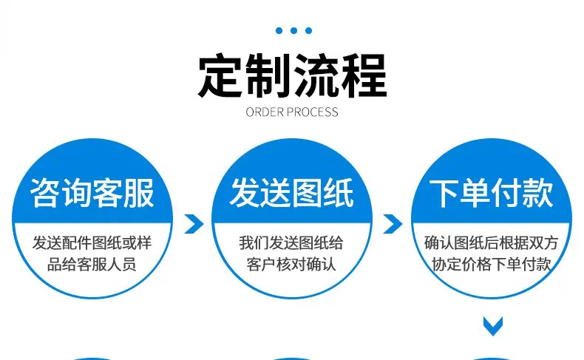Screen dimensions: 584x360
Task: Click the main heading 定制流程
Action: coord(293,75)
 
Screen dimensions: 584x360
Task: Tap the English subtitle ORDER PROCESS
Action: coord(292,112)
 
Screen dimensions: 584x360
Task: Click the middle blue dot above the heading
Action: coord(294,30)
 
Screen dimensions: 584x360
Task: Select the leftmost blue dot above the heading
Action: coord(279,30)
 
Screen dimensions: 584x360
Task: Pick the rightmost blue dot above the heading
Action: coord(308,30)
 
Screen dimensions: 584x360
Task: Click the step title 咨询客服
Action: coord(92,192)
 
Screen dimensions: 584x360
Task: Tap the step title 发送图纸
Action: coord(291,192)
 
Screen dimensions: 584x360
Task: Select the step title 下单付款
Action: coord(492,192)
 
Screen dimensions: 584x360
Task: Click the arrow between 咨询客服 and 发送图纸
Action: coord(194,224)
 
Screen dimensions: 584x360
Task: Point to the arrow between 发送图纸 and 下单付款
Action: coord(393,224)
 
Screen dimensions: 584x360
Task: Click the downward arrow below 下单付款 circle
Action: coord(493,326)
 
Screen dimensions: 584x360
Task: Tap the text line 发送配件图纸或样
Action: coord(92,243)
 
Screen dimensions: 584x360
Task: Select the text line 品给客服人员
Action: coord(92,265)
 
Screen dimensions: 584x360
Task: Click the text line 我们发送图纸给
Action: coord(291,243)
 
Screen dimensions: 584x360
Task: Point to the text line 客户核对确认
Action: coord(291,265)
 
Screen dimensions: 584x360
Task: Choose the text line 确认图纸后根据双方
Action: coord(492,243)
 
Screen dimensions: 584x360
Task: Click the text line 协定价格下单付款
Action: coord(492,265)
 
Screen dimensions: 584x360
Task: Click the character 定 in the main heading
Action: coord(220,75)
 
